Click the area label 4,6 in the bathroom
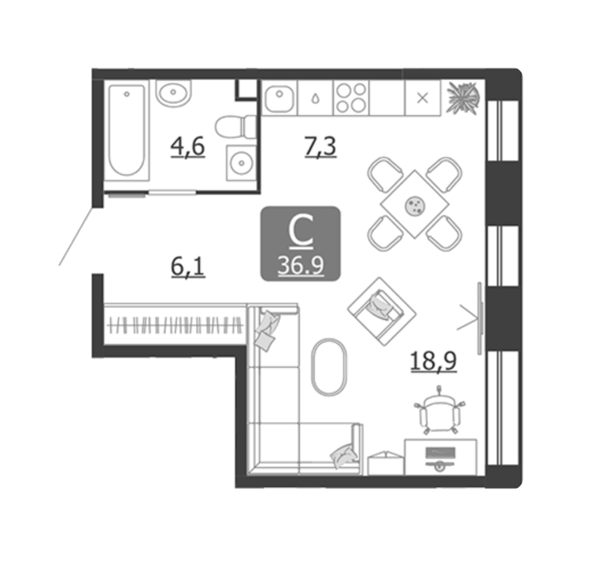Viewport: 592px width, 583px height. tap(187, 147)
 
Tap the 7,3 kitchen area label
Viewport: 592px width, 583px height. tap(321, 147)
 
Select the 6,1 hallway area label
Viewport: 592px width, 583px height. tap(187, 267)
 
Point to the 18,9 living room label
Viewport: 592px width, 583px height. tap(434, 361)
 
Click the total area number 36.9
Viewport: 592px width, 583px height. tap(301, 266)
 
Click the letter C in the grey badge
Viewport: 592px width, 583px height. tap(301, 232)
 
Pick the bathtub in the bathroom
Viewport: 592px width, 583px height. tap(127, 131)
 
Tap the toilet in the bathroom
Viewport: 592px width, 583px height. tap(236, 127)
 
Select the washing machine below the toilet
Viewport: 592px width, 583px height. tap(241, 162)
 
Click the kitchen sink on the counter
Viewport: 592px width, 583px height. tap(280, 98)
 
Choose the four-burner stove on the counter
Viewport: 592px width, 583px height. tap(351, 97)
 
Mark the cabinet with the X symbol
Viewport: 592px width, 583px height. tap(422, 97)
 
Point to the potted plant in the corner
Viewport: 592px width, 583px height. tap(463, 97)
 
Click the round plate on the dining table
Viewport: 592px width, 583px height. tap(415, 207)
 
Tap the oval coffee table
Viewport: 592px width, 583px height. tap(329, 367)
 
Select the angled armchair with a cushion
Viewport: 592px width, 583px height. tap(381, 311)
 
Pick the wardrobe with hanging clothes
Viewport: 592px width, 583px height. tap(175, 325)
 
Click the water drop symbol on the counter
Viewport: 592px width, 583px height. tap(315, 98)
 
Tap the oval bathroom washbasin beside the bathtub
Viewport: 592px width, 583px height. tap(173, 92)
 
